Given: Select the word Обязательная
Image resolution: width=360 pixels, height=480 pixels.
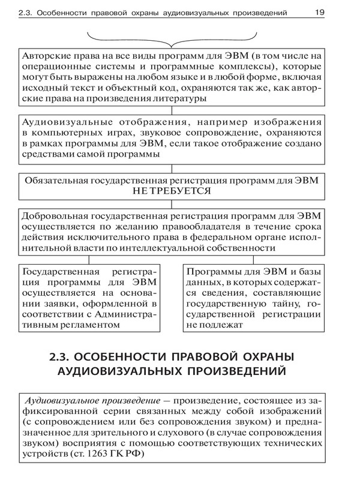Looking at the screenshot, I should point(56,179).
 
